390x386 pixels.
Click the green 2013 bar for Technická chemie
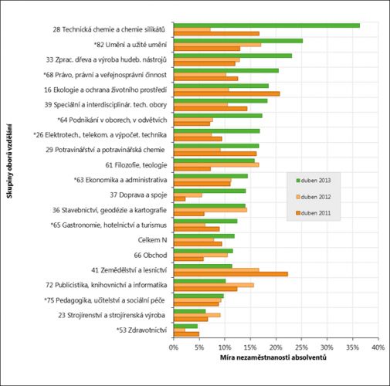pos(266,25)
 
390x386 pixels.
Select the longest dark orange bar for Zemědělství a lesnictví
pos(231,274)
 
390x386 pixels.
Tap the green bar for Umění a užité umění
pos(239,41)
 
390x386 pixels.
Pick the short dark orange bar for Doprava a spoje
pos(180,199)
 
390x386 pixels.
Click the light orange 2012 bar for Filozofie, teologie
pos(216,165)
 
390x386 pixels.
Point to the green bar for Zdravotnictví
pos(186,326)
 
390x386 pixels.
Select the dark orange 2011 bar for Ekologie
pos(227,93)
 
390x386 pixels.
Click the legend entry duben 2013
pos(314,181)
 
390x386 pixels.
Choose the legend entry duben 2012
pos(314,197)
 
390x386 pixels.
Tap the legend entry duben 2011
pos(314,213)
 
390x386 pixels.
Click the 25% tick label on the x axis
pos(301,347)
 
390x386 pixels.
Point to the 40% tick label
pos(378,347)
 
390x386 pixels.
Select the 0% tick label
pos(174,347)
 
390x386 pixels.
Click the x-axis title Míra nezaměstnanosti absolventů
pos(273,357)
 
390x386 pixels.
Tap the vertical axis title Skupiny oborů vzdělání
pos(10,161)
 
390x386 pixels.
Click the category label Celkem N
pos(152,240)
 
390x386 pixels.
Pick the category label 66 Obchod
pos(151,256)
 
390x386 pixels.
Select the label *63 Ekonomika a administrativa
pos(120,180)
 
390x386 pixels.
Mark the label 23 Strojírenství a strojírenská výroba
pos(111,315)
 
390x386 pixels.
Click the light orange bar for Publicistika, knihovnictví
pos(214,285)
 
